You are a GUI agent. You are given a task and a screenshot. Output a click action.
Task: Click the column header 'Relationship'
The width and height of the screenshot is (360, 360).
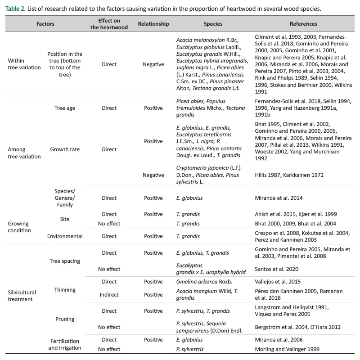(153, 24)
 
